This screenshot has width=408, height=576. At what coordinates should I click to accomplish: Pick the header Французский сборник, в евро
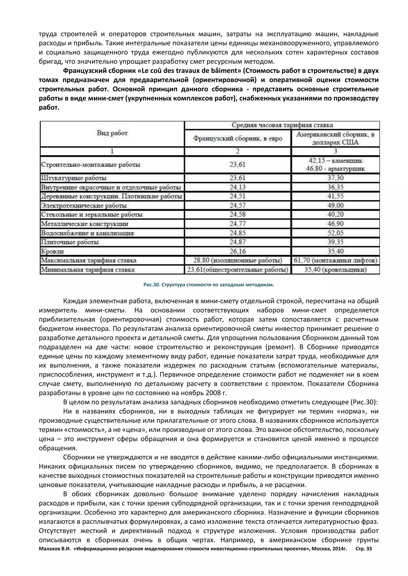tap(237, 138)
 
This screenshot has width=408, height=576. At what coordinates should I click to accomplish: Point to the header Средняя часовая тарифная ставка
tap(282, 125)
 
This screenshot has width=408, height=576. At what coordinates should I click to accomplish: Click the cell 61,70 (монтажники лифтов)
tap(335, 260)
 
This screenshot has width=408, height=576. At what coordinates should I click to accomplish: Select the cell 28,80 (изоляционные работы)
tap(237, 260)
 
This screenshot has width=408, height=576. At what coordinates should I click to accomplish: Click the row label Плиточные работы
tap(70, 242)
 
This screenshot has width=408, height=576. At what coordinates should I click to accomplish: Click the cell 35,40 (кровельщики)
tap(335, 270)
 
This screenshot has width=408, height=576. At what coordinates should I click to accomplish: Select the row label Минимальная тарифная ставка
tap(88, 270)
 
